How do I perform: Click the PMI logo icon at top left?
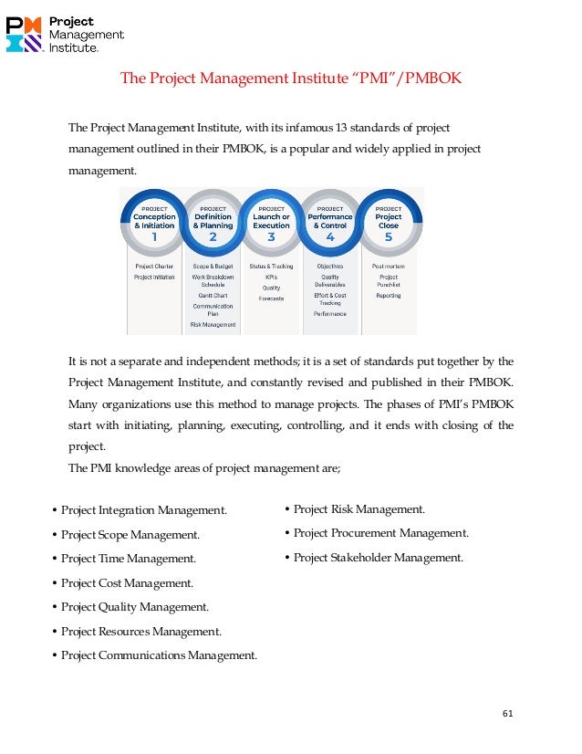click(25, 34)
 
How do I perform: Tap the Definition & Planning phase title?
click(213, 221)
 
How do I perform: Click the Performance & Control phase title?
click(329, 221)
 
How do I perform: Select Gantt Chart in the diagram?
click(213, 296)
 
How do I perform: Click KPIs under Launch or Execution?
click(271, 277)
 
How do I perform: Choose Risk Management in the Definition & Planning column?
click(213, 324)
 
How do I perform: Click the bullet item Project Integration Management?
click(143, 510)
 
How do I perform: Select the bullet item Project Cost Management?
click(127, 583)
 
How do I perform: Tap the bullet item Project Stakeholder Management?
click(378, 558)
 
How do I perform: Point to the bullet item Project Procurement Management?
click(380, 533)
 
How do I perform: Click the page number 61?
click(508, 713)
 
